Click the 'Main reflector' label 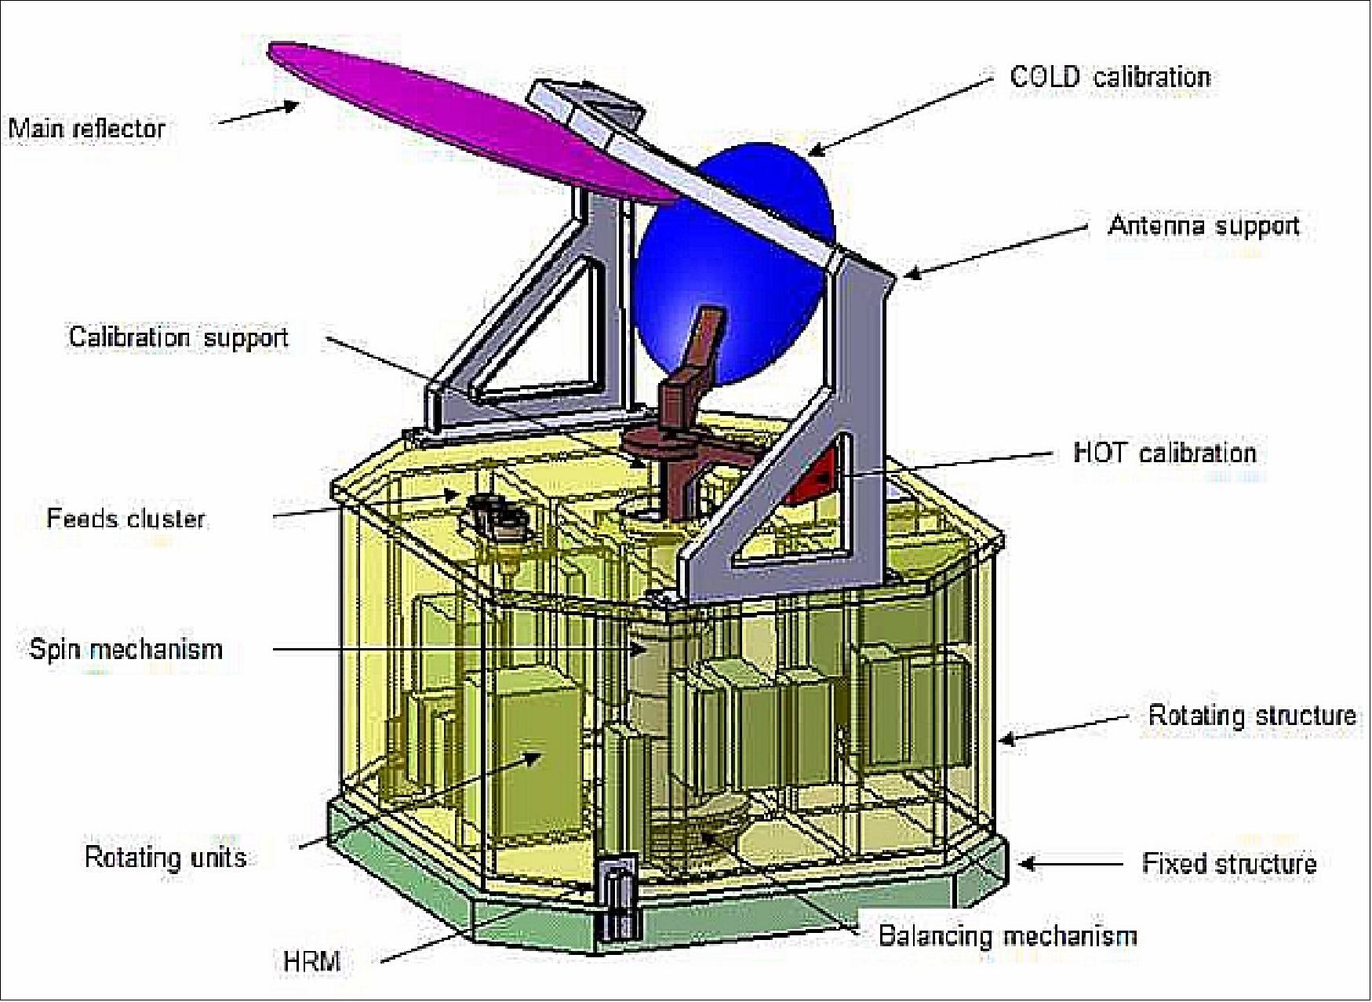point(87,129)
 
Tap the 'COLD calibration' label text point(1110,77)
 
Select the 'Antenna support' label point(1203,226)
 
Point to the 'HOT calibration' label point(1165,453)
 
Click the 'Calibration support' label point(179,337)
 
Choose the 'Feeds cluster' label point(126,519)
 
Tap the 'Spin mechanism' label point(126,650)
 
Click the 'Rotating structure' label point(1252,716)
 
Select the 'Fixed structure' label point(1229,864)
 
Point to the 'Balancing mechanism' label point(1007,936)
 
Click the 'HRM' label point(311,961)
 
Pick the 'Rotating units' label point(166,858)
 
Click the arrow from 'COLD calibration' point(897,115)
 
